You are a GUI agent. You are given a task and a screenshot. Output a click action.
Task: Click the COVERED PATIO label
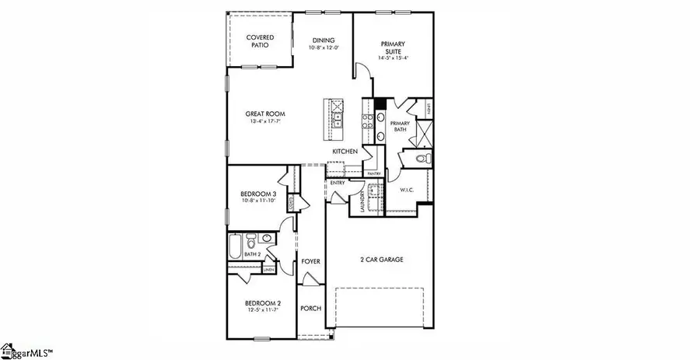point(257,41)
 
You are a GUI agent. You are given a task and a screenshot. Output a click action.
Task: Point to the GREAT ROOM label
point(258,114)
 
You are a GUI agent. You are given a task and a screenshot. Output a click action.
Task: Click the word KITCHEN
point(345,151)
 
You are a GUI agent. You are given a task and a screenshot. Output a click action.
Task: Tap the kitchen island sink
point(336,121)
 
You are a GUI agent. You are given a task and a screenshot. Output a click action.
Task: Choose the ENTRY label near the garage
point(337,183)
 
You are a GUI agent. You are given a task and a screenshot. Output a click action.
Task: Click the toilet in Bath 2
point(251,239)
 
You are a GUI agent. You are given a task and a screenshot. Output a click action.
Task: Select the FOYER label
point(311,262)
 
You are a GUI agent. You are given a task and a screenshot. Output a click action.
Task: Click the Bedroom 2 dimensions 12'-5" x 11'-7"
point(262,310)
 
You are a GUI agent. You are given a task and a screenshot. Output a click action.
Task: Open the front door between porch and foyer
point(311,281)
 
